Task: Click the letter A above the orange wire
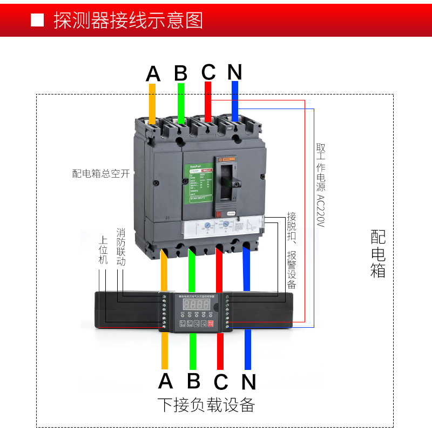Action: click(x=153, y=73)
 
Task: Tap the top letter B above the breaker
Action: click(x=181, y=73)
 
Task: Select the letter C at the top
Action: click(x=208, y=72)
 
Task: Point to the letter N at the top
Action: click(x=235, y=72)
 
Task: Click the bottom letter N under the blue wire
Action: click(x=248, y=382)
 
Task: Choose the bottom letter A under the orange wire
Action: click(x=166, y=381)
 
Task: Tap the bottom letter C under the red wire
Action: click(x=221, y=381)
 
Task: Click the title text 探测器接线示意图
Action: click(x=128, y=20)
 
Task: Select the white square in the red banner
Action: click(x=37, y=21)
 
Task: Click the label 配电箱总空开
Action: click(x=101, y=173)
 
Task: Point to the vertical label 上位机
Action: click(x=103, y=249)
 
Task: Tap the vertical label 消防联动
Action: click(x=121, y=244)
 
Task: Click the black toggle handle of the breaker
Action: click(x=230, y=184)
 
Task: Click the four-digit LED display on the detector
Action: click(x=193, y=305)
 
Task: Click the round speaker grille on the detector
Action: click(x=215, y=306)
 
